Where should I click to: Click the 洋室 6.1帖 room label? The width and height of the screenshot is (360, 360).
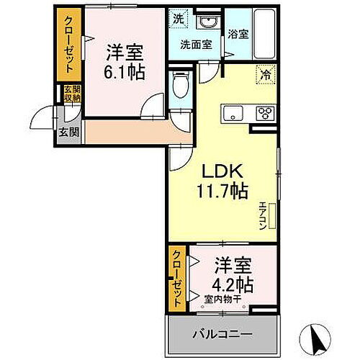(125, 61)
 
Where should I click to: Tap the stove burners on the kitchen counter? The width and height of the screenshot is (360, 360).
(264, 112)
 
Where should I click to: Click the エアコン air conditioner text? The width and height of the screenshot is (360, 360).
(264, 214)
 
